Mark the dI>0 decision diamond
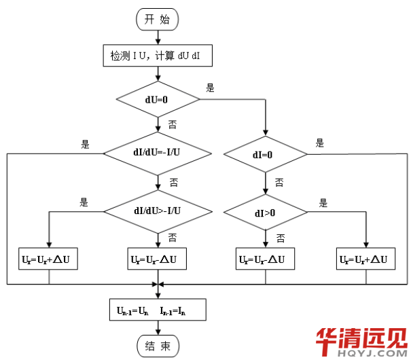264,213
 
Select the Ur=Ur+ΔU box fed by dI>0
366,259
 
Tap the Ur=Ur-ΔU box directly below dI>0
266,259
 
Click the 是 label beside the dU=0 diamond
210,88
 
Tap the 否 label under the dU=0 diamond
172,124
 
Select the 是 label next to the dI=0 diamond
320,143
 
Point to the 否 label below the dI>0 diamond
279,237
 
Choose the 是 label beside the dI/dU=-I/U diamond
86,143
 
